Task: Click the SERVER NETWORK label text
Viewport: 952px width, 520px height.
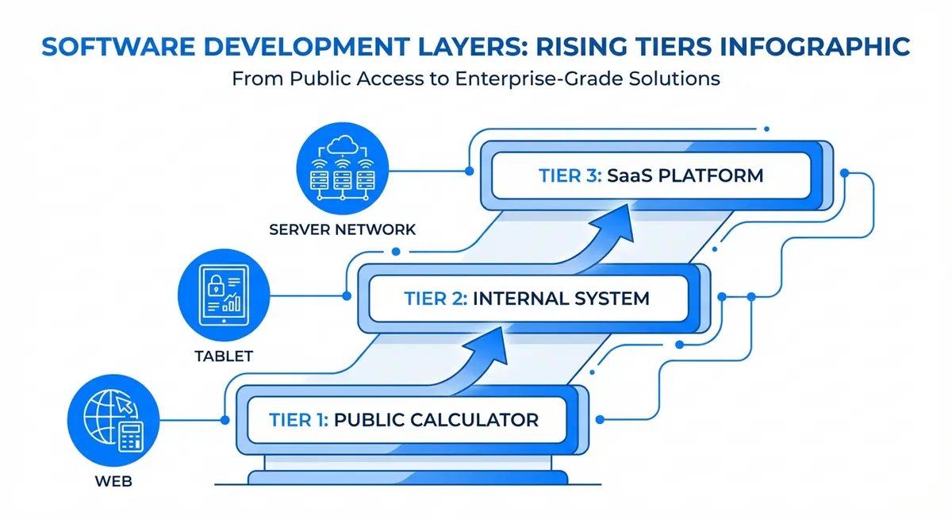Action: tap(342, 229)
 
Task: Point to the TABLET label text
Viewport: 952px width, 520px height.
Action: tap(223, 356)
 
